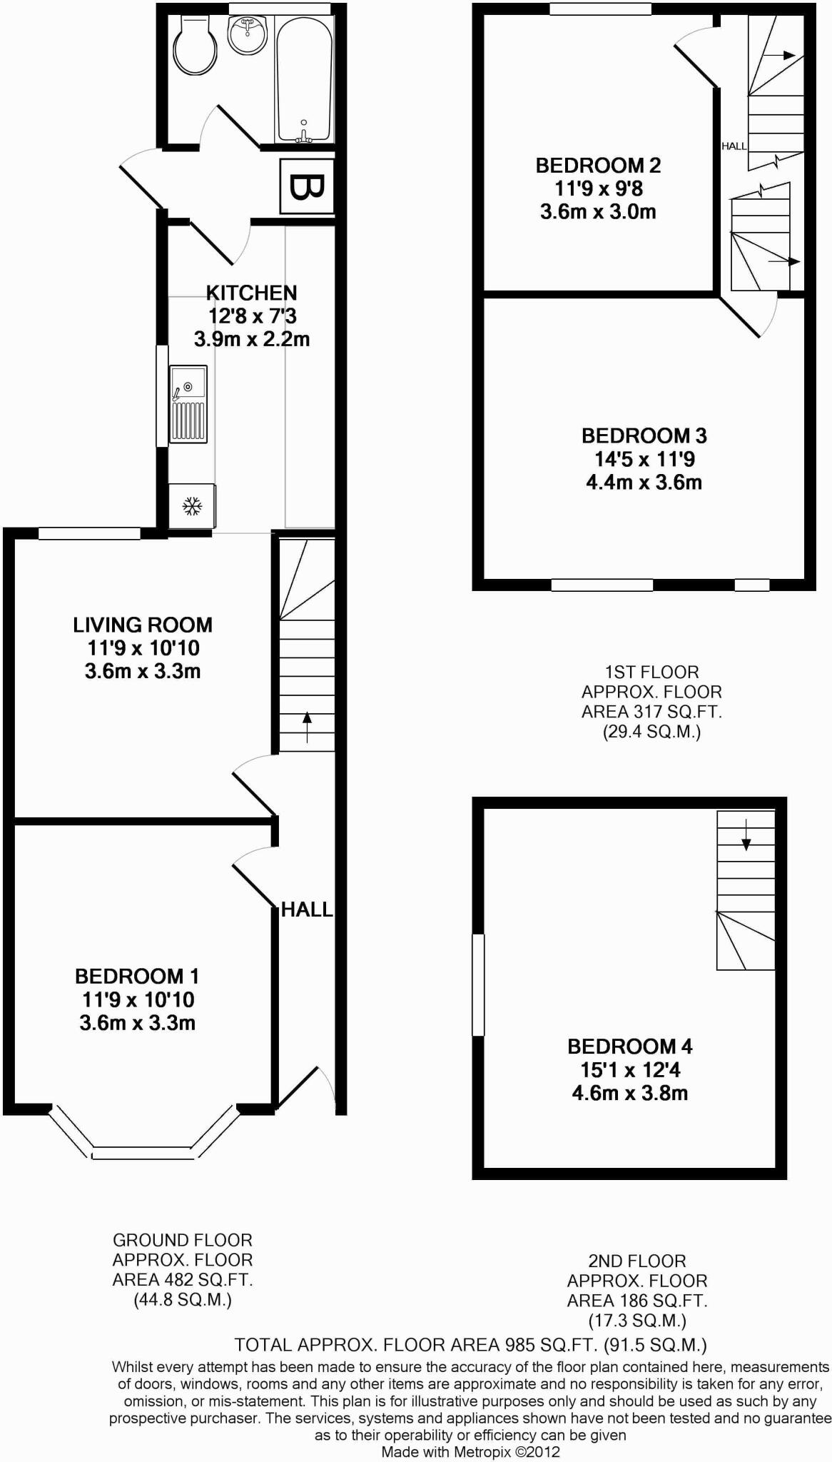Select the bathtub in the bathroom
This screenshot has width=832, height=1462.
tap(304, 79)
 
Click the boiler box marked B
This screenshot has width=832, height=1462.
tap(307, 186)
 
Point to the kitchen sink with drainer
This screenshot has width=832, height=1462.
tap(188, 404)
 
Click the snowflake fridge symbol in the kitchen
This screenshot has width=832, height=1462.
tap(192, 507)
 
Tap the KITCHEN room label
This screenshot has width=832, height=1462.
tap(251, 293)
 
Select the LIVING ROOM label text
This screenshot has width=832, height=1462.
tap(143, 625)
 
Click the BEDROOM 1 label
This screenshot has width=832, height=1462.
tap(137, 976)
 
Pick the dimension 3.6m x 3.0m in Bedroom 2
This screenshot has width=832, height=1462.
tap(598, 212)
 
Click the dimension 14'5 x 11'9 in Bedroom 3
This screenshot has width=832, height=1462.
tap(644, 459)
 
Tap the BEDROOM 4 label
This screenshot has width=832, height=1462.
tap(630, 1047)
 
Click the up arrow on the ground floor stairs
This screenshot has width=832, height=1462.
tap(308, 727)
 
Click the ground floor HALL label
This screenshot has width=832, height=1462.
tap(307, 909)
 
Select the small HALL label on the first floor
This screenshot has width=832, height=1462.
tap(734, 146)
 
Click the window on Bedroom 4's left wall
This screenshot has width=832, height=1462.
tap(478, 984)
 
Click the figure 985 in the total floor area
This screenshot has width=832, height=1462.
tap(519, 1346)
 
